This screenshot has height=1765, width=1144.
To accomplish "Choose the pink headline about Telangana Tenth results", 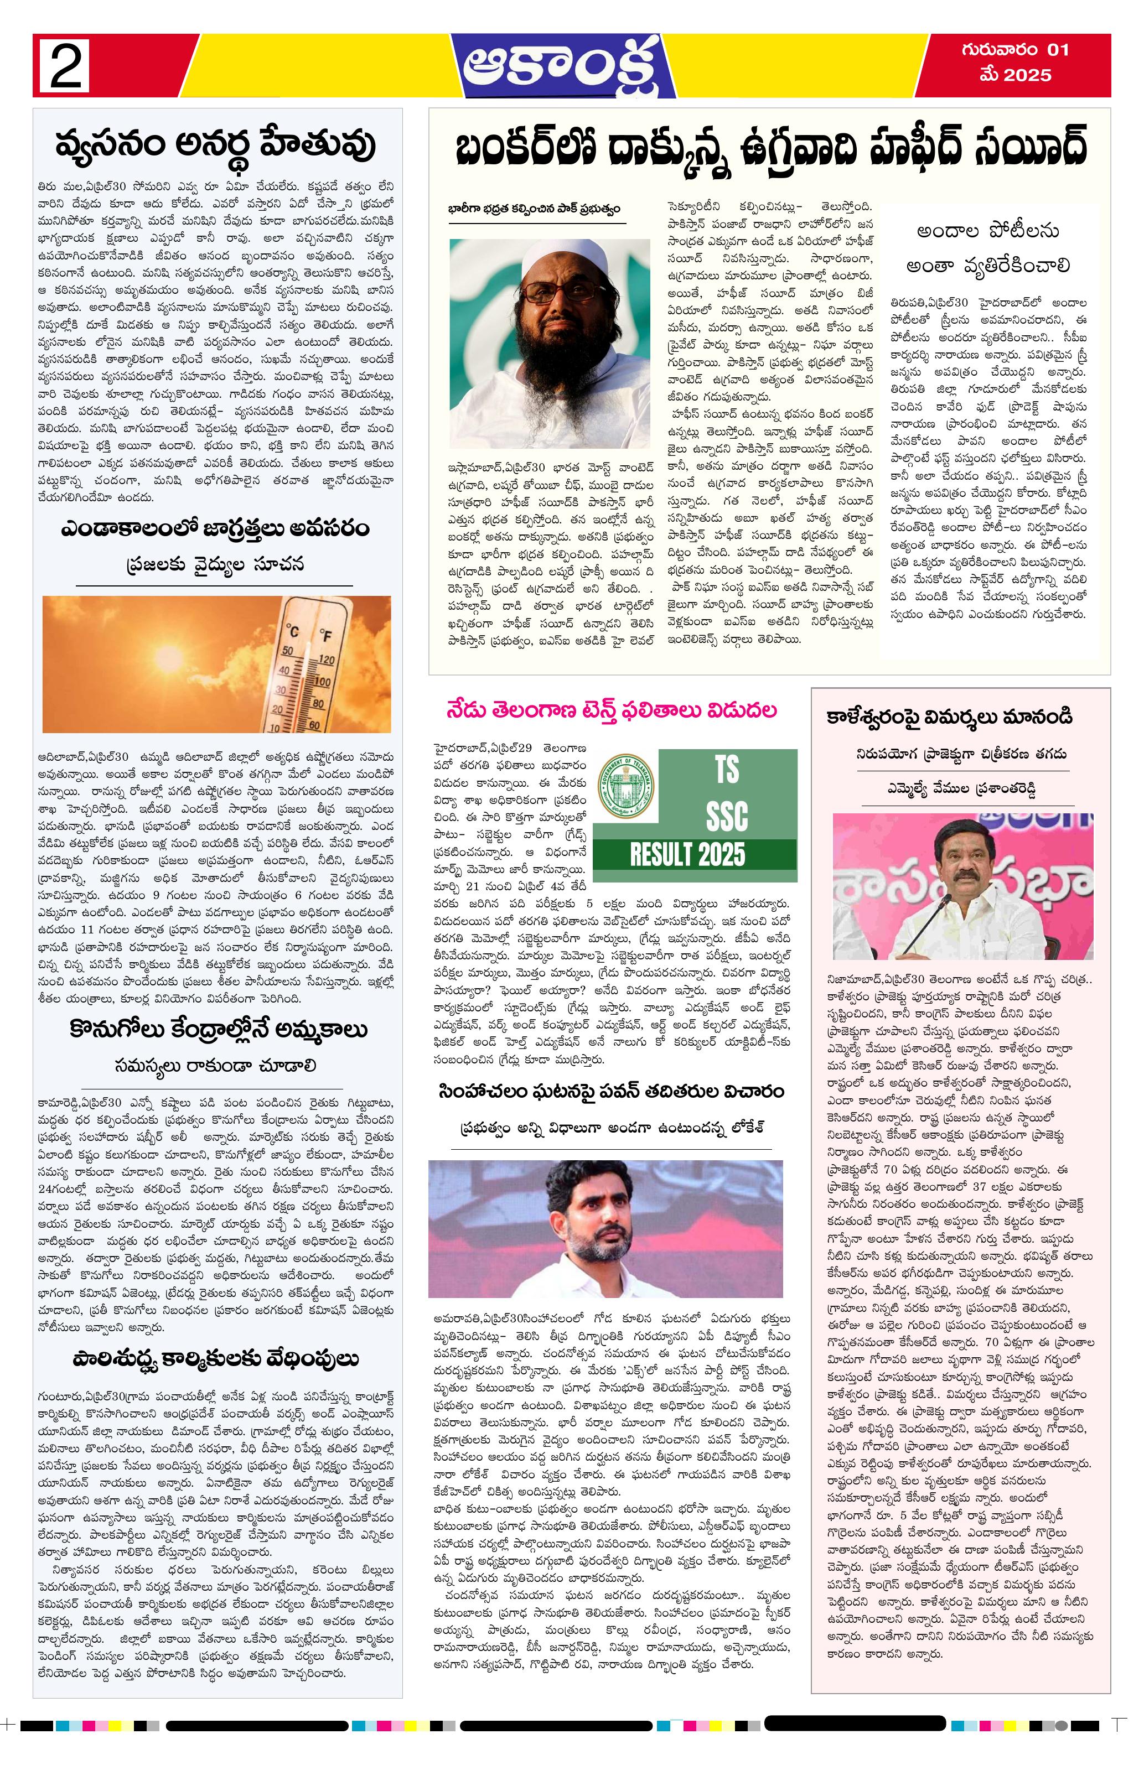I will pos(612,710).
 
